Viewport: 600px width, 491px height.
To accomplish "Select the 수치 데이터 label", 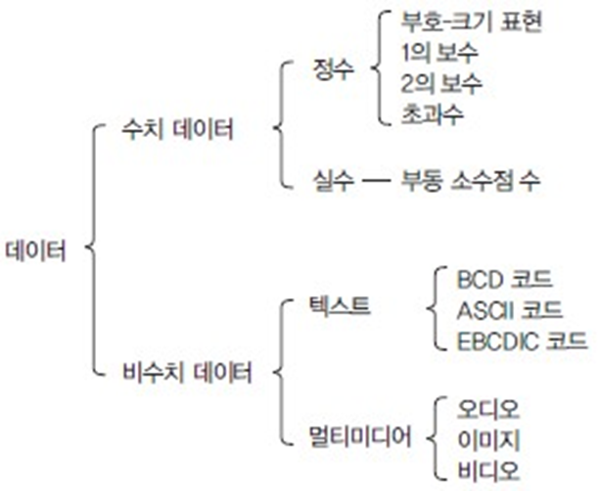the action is [x=175, y=130].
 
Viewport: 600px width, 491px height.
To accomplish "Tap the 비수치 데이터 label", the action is [x=187, y=373].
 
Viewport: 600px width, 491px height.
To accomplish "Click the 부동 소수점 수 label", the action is [x=469, y=181].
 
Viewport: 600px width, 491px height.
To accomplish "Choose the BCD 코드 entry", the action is [x=500, y=278].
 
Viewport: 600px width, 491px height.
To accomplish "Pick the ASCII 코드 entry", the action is [x=509, y=310].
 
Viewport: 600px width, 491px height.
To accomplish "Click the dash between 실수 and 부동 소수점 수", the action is [x=376, y=182].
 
